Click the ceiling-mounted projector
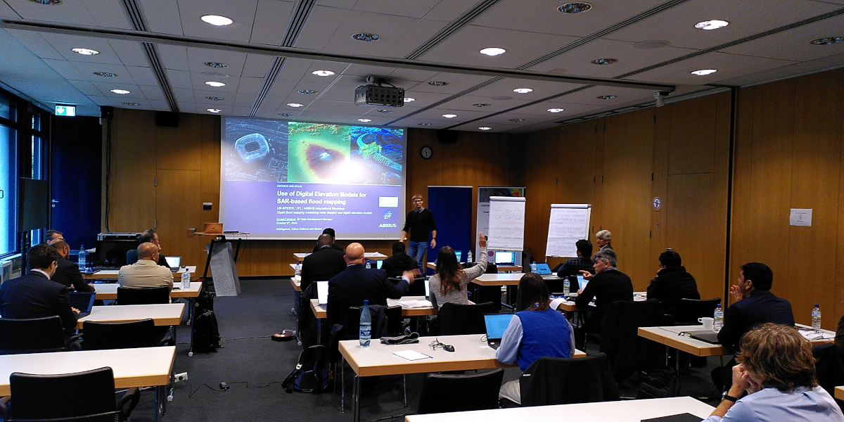click(x=379, y=94)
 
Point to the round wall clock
click(x=426, y=152)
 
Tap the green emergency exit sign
click(x=65, y=110)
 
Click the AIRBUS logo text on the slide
click(x=387, y=225)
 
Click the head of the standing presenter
click(x=417, y=201)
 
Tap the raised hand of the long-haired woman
click(x=482, y=239)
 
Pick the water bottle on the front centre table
click(x=365, y=325)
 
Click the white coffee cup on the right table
click(x=706, y=323)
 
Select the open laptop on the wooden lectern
click(x=212, y=228)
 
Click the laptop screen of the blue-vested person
click(x=497, y=327)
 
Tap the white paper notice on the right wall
click(x=800, y=217)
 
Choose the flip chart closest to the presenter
click(x=506, y=223)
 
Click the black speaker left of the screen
click(x=167, y=119)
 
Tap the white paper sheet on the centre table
click(x=411, y=355)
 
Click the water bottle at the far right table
click(x=816, y=317)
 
